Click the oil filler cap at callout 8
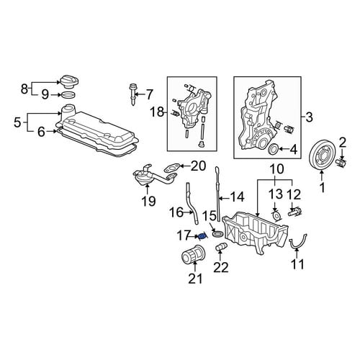pos(69,82)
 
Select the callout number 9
pos(45,95)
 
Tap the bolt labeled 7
pos(132,94)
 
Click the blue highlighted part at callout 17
pos(202,237)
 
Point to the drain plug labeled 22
pos(222,247)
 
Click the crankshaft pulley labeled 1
pos(320,156)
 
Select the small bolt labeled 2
pos(342,163)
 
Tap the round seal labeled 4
pos(274,149)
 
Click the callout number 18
pos(156,112)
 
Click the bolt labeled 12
pos(294,212)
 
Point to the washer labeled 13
pos(276,215)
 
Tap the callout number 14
pos(236,197)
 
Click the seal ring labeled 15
pos(218,233)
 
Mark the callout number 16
pos(177,212)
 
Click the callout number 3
pos(309,117)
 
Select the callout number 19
pos(148,201)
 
